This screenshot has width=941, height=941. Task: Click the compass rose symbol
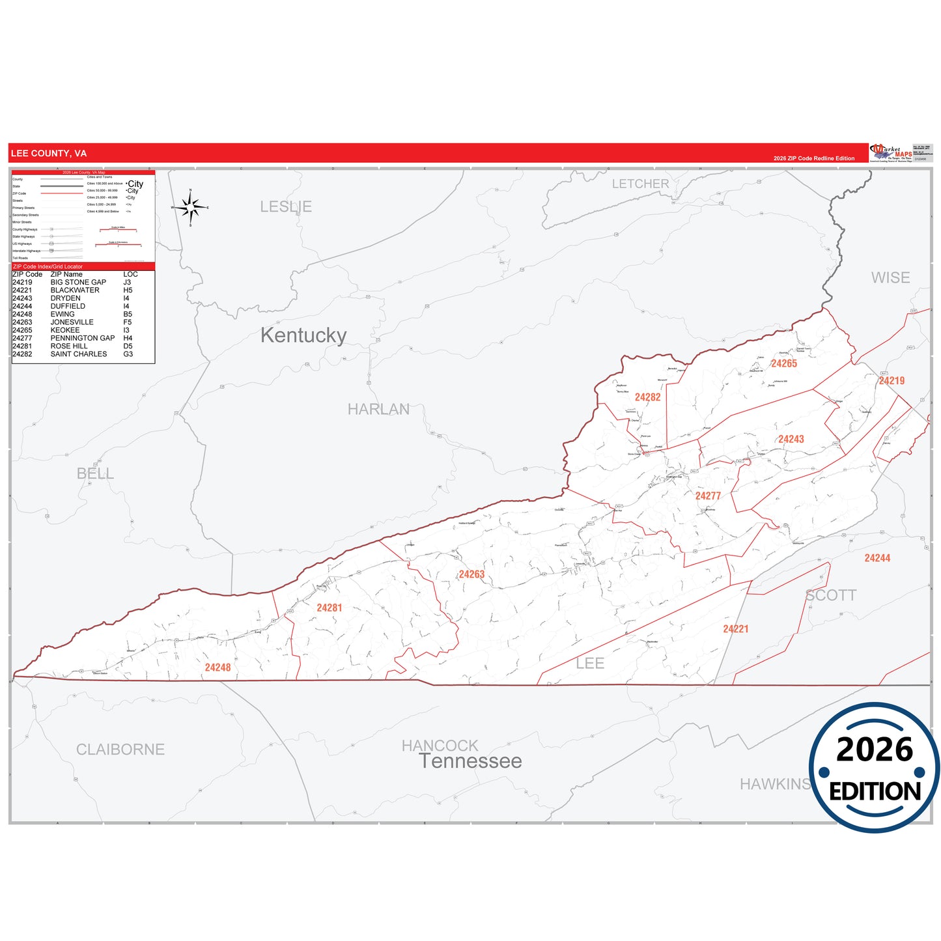[x=190, y=208]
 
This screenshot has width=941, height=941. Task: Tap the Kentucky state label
[x=303, y=335]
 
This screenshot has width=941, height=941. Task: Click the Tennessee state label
[x=470, y=761]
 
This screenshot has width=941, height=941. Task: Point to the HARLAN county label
[x=378, y=409]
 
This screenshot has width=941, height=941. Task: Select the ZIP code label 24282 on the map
[x=647, y=397]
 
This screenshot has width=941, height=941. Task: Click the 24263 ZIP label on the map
[x=471, y=574]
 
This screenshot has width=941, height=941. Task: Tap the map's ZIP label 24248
[x=218, y=667]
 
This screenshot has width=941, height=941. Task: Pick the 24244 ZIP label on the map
[x=877, y=558]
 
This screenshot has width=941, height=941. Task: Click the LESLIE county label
[x=286, y=206]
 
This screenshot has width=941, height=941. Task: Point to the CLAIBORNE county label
[x=120, y=750]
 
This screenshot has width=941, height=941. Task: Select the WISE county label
[x=890, y=278]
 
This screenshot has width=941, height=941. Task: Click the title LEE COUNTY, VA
[x=49, y=154]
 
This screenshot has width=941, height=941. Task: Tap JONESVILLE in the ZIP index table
[x=72, y=322]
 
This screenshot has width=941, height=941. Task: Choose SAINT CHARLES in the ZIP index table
[x=79, y=354]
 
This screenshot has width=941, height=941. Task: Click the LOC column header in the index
[x=130, y=274]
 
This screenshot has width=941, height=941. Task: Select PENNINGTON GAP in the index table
[x=83, y=338]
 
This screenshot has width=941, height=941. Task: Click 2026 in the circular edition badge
[x=875, y=750]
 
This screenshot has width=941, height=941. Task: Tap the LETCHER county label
[x=640, y=184]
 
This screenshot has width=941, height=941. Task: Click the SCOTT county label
[x=831, y=595]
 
